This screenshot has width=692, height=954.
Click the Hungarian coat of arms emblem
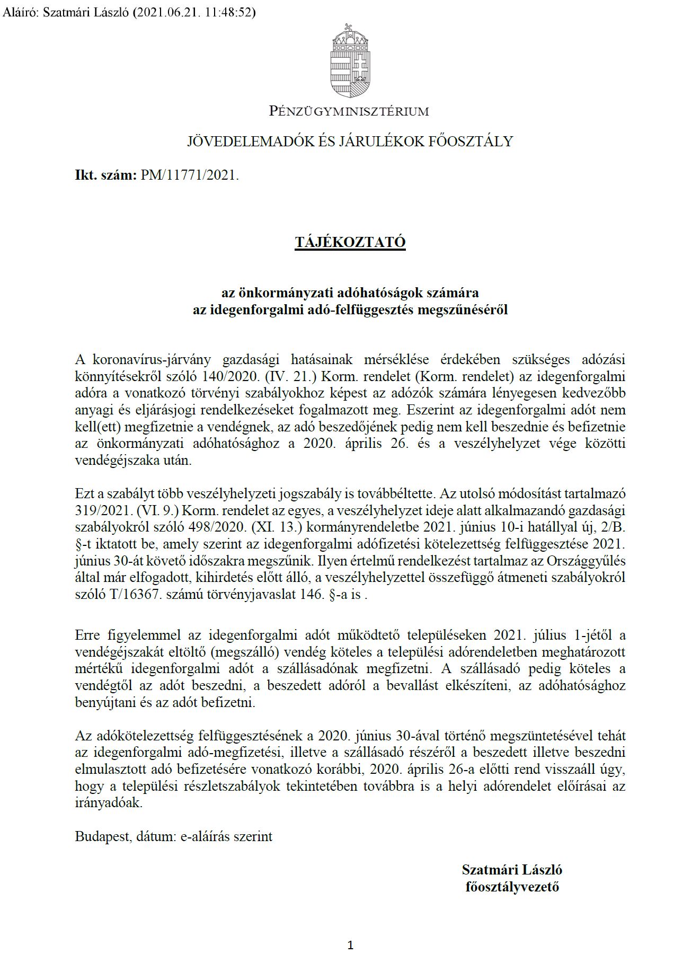[x=349, y=59]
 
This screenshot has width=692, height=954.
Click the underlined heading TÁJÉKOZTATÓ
[x=350, y=242]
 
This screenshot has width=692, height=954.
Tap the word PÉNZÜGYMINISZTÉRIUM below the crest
[x=349, y=111]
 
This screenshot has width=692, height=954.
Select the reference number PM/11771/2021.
[x=190, y=175]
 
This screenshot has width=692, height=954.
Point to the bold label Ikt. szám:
[x=106, y=175]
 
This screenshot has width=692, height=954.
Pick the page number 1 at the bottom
[x=350, y=930]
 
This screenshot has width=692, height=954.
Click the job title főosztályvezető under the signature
[x=512, y=887]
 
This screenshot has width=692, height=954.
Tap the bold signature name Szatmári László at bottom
[x=512, y=870]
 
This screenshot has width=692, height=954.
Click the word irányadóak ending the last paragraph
[x=109, y=803]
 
